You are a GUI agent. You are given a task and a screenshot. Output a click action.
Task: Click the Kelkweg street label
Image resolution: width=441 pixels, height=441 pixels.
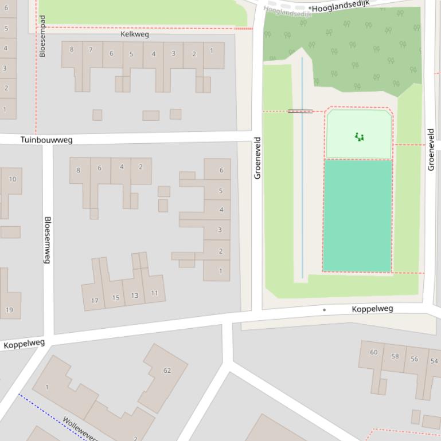click(135, 34)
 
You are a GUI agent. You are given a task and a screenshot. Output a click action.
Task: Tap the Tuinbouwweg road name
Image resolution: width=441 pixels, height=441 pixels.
click(46, 140)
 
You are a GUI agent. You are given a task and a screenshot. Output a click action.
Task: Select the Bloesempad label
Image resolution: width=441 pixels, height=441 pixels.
click(42, 36)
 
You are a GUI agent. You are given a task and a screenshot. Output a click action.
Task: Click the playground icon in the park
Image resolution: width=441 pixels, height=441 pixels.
click(359, 137)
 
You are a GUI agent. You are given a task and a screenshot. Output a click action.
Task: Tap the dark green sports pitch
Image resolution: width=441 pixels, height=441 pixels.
click(357, 215)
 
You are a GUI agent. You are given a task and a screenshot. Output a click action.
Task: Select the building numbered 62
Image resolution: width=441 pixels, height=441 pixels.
click(167, 371)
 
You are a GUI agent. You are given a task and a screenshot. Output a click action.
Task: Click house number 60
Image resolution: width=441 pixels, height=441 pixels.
click(373, 352)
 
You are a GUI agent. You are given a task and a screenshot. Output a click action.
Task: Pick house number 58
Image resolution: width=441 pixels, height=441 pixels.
click(395, 356)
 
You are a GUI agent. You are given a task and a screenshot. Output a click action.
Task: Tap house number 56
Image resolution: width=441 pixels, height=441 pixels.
click(415, 359)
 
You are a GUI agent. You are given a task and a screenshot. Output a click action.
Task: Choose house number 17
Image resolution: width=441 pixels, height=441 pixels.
click(95, 300)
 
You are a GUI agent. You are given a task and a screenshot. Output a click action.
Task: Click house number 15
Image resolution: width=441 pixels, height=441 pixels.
click(115, 297)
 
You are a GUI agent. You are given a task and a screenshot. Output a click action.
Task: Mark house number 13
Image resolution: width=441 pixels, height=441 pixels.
click(134, 296)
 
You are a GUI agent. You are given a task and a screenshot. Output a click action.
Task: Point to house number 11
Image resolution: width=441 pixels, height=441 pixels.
click(154, 293)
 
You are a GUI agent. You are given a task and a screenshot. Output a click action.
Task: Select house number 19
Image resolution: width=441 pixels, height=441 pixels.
click(9, 310)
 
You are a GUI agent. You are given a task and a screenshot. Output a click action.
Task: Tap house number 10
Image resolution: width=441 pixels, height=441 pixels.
click(13, 179)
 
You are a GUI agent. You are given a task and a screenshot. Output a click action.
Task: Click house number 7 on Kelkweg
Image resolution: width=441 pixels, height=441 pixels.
click(91, 50)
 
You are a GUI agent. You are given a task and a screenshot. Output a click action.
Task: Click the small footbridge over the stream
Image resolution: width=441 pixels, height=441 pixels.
click(300, 111)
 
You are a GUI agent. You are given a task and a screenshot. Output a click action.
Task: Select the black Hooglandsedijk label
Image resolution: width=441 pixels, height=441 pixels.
click(341, 7)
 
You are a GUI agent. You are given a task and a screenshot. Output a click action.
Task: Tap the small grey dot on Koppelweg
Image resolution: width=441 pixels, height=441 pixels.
click(324, 310)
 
